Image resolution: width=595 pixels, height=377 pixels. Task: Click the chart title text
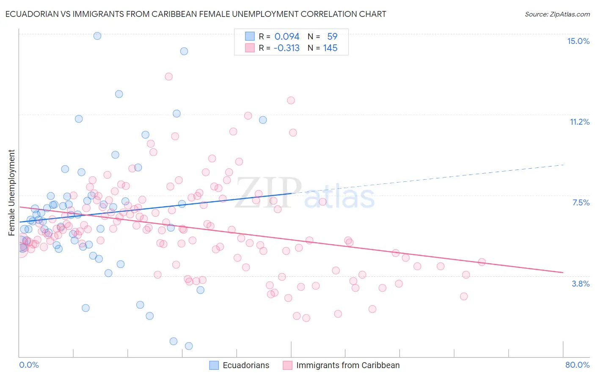coord(196,14)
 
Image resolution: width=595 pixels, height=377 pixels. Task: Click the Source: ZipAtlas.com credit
coord(557,14)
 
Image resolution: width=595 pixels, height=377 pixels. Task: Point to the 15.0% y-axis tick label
coord(578,41)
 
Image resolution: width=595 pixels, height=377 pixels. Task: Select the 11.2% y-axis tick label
coord(579,122)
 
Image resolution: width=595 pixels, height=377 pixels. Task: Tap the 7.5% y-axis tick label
coord(581,202)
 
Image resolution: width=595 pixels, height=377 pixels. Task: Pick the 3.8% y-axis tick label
coord(581,284)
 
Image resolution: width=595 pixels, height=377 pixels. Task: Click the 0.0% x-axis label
coord(29,365)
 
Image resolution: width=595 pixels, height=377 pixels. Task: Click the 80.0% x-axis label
coord(577,365)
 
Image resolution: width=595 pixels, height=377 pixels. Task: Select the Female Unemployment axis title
coord(11,192)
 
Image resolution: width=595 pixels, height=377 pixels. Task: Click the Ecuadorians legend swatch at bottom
coord(214,365)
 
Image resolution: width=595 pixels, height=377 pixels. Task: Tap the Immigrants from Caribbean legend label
coord(348,365)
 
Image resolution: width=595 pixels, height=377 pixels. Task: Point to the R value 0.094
coord(286,36)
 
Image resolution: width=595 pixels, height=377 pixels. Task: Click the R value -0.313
coord(286,48)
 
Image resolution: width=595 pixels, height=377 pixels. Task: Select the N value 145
coord(330,48)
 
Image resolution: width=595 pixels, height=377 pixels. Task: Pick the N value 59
coord(332,36)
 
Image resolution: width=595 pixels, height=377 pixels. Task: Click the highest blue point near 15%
coord(97,36)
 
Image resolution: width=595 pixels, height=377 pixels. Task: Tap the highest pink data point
coord(169,76)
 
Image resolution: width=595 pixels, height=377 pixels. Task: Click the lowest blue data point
coord(189,346)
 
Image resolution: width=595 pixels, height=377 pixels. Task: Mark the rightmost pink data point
coord(482,262)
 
